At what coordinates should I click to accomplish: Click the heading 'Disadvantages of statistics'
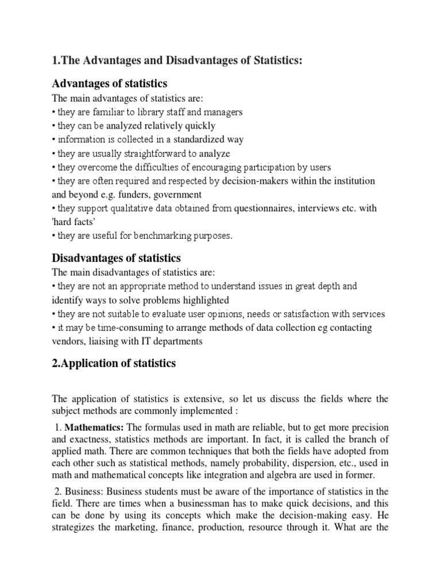(x=117, y=258)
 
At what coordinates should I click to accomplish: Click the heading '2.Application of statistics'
(x=114, y=363)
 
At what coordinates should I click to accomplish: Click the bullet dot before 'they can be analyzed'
(x=54, y=126)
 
